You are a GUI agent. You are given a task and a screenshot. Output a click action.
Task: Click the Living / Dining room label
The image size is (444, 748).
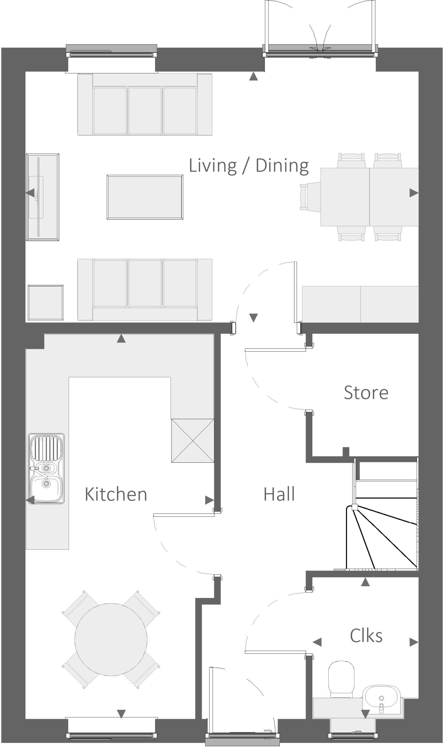248,165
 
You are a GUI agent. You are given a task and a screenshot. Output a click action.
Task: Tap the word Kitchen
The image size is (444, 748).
116,494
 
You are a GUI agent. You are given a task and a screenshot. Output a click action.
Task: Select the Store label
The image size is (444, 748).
366,393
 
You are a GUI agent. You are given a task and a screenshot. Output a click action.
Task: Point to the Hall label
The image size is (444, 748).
279,494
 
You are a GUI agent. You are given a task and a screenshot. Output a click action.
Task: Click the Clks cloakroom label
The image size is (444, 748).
366,636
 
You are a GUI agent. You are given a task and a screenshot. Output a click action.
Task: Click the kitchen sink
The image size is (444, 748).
46,469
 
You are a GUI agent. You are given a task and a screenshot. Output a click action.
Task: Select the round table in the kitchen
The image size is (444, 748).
111,639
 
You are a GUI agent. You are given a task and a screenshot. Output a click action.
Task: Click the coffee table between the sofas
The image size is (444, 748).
145,197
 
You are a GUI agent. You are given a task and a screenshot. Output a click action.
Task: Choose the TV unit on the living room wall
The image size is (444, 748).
42,197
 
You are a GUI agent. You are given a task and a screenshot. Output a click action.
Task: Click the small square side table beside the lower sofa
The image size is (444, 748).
46,302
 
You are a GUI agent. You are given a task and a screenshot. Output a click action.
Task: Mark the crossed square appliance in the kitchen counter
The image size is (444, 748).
193,440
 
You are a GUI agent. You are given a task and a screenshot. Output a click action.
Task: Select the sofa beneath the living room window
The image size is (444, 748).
145,104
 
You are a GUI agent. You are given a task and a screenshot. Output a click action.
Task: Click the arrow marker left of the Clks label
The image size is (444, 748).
317,642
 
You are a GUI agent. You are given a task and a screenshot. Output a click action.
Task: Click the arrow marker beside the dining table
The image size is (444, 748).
413,193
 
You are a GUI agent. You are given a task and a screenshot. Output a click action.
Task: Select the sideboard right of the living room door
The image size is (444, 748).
360,304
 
